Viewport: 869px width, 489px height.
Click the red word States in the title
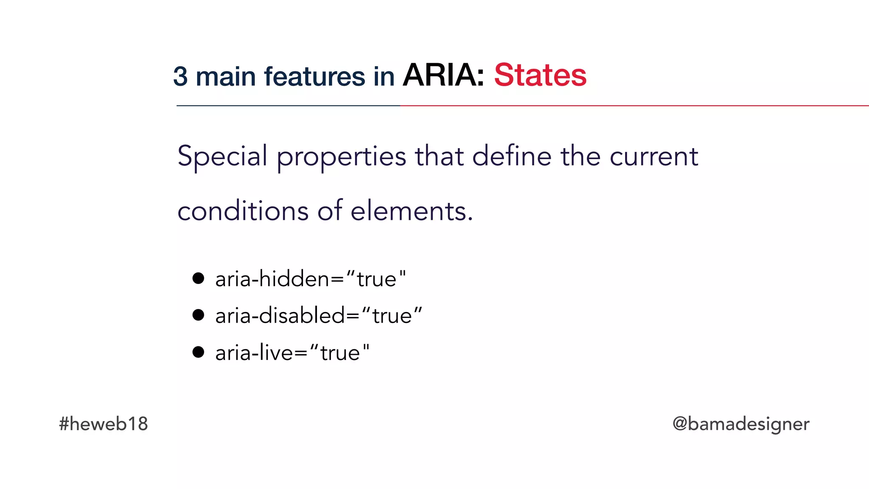pos(540,75)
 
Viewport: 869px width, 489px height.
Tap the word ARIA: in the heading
pos(443,75)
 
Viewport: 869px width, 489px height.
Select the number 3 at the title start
pos(180,77)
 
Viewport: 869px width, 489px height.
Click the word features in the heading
pos(314,77)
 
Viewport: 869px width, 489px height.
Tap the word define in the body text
pos(511,156)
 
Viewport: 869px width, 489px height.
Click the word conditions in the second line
pos(243,211)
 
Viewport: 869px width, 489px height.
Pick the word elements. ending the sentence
pos(412,211)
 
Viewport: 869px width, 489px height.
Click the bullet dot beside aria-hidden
pos(198,278)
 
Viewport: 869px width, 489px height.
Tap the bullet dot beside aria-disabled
pos(198,315)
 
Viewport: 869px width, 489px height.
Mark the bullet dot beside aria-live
pos(198,352)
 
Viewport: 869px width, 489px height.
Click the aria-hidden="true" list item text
pos(310,279)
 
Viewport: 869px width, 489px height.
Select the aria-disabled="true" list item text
pos(319,316)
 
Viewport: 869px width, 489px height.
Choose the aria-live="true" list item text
pos(292,353)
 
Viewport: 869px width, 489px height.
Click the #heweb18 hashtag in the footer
pos(103,424)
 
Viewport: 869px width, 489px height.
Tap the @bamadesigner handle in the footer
pos(740,424)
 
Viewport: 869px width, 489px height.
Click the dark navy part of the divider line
pos(289,106)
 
